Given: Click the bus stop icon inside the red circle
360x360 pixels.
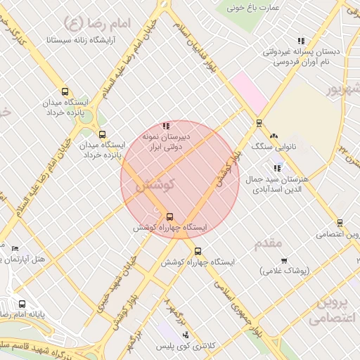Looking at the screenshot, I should point(169,216).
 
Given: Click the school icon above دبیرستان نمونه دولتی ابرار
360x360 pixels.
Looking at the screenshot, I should point(166,126).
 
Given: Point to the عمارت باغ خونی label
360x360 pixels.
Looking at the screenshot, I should point(253,8).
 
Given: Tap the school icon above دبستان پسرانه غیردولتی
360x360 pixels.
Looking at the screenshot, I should point(301,41).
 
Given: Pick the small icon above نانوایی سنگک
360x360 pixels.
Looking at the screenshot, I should point(274,137).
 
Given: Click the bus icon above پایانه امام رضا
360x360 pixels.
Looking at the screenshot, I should point(22,304).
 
